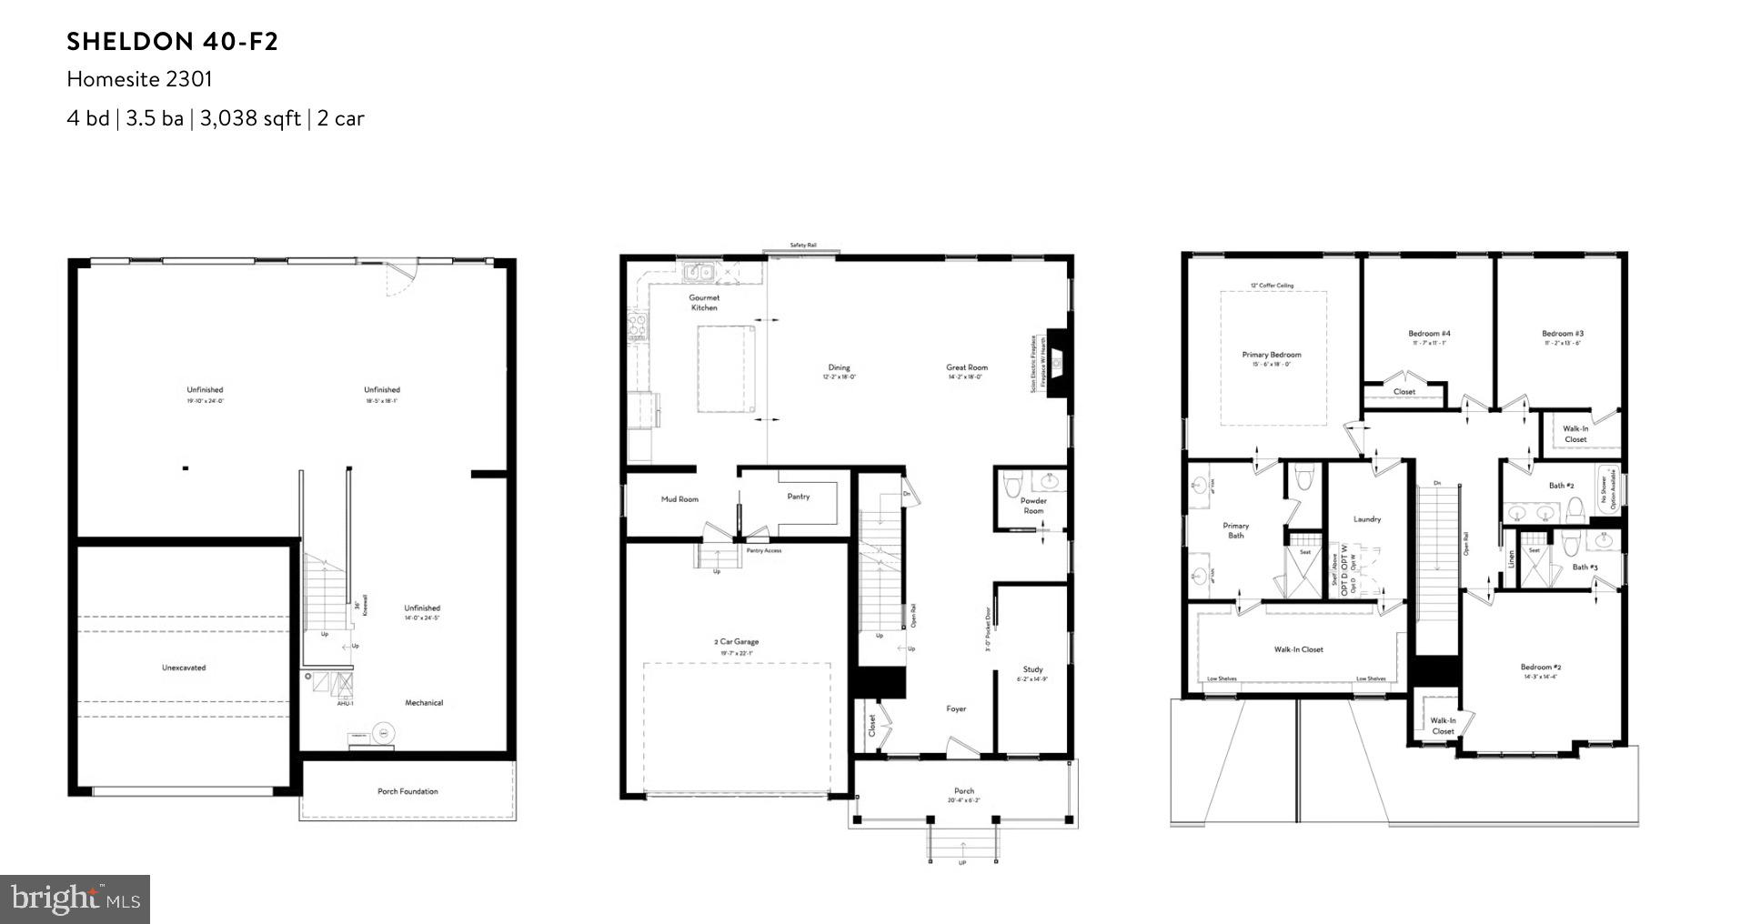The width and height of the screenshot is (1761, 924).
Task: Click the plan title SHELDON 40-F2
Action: (172, 42)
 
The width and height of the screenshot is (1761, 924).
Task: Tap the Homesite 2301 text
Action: (139, 79)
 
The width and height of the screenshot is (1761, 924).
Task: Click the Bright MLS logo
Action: (75, 899)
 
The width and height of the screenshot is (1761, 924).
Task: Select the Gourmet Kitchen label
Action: (704, 303)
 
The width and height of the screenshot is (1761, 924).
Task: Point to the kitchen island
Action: (726, 368)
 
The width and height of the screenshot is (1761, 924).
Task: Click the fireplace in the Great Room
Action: (1058, 364)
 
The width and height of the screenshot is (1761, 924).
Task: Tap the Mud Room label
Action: (679, 499)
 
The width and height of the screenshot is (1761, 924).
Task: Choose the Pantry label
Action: (798, 497)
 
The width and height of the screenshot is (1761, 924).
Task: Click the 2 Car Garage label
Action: (736, 642)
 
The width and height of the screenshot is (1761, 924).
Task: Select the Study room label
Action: (1032, 669)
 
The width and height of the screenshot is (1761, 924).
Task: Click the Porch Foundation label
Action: (408, 791)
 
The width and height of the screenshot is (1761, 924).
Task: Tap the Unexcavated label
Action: (184, 668)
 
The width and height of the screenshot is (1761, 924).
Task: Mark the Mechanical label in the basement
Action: (424, 703)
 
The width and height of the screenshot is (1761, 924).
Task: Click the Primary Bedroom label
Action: (1272, 355)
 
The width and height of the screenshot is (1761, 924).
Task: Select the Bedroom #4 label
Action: (1429, 334)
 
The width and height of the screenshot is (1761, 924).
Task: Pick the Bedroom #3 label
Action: (1563, 334)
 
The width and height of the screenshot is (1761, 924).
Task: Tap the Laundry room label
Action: (1367, 519)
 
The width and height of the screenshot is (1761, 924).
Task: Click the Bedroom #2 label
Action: (1541, 668)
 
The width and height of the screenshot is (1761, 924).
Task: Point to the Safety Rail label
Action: (802, 246)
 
